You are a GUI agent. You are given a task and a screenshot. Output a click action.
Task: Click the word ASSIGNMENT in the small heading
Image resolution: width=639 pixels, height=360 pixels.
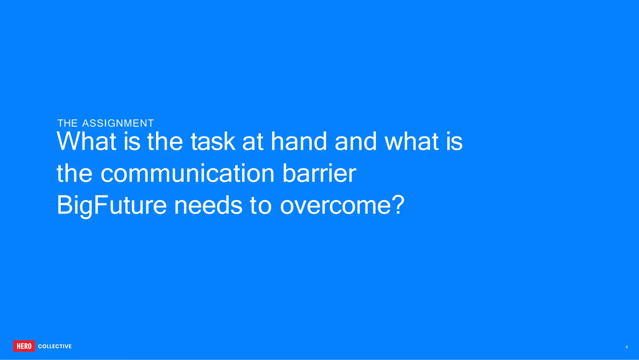tap(118, 123)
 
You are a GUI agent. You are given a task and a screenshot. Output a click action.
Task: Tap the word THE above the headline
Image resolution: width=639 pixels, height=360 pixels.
tap(67, 123)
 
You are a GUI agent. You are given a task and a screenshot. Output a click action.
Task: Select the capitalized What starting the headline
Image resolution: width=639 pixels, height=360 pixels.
tap(86, 141)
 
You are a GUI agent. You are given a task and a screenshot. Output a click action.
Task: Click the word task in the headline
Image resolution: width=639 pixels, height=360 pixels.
tap(213, 141)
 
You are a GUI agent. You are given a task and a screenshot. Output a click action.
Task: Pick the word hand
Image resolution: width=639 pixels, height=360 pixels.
tap(299, 141)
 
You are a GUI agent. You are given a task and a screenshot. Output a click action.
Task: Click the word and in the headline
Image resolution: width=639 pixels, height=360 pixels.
tap(356, 141)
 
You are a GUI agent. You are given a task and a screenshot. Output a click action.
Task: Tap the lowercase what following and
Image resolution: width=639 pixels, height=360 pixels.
tap(411, 141)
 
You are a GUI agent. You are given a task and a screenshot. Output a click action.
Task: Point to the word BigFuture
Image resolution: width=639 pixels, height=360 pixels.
tap(111, 206)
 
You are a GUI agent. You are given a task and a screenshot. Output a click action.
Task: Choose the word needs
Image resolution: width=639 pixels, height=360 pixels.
tap(208, 206)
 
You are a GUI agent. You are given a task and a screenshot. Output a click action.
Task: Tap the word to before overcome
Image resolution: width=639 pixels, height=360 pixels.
tap(261, 206)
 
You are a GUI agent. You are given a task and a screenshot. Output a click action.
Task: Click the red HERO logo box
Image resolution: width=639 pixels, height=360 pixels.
tap(24, 346)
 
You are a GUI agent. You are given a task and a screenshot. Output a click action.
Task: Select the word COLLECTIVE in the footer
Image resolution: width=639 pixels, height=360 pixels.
tap(55, 346)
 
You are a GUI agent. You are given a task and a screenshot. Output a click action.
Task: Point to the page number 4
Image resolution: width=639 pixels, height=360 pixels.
tap(627, 347)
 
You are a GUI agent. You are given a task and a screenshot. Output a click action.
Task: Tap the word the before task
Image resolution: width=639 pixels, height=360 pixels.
tap(165, 141)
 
